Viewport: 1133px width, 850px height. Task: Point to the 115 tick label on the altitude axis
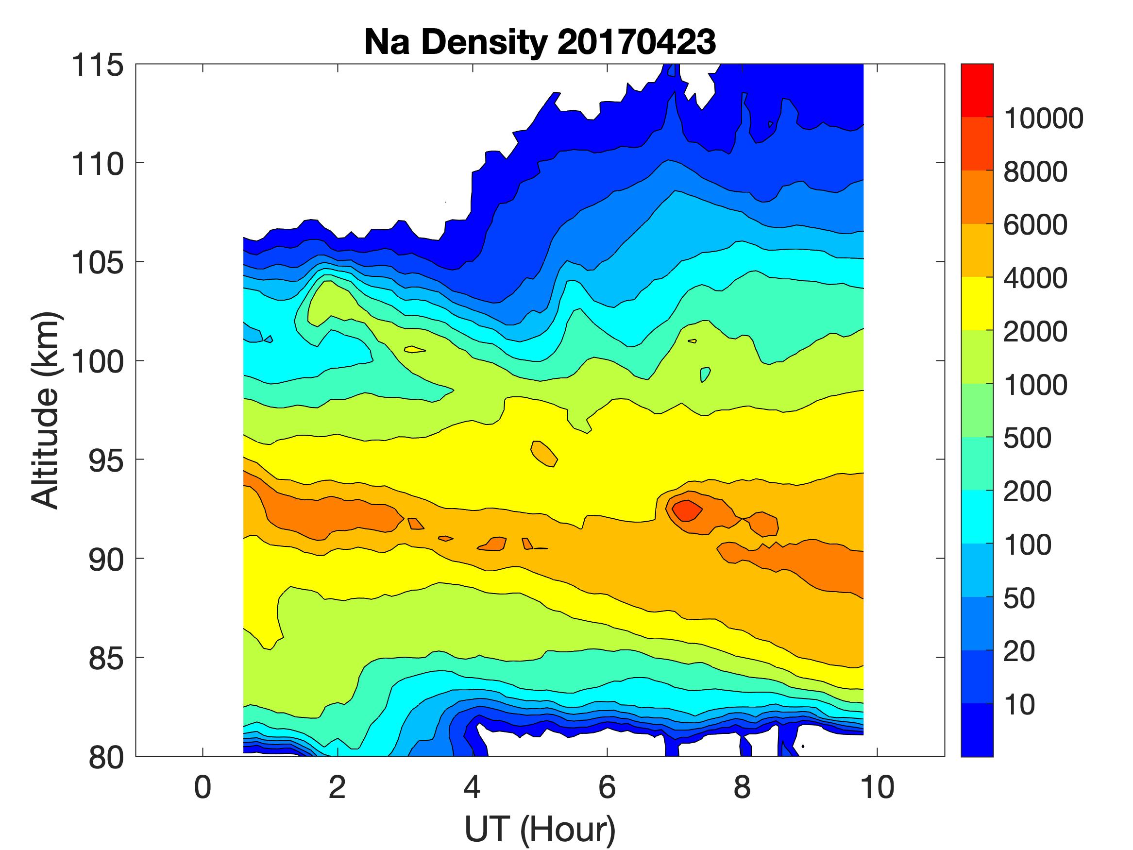[x=97, y=66]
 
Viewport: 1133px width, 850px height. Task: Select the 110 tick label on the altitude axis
[x=97, y=165]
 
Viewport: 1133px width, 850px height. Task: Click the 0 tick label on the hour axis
[x=203, y=787]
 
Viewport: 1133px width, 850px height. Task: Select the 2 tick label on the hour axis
[x=338, y=787]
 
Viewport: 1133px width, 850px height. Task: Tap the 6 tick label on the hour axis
[x=607, y=787]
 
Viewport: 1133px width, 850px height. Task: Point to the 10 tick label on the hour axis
[x=878, y=787]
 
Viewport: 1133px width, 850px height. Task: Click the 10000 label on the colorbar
[x=1043, y=119]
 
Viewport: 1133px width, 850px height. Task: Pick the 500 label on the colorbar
[x=1027, y=438]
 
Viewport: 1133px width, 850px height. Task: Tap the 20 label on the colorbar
[x=1019, y=652]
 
